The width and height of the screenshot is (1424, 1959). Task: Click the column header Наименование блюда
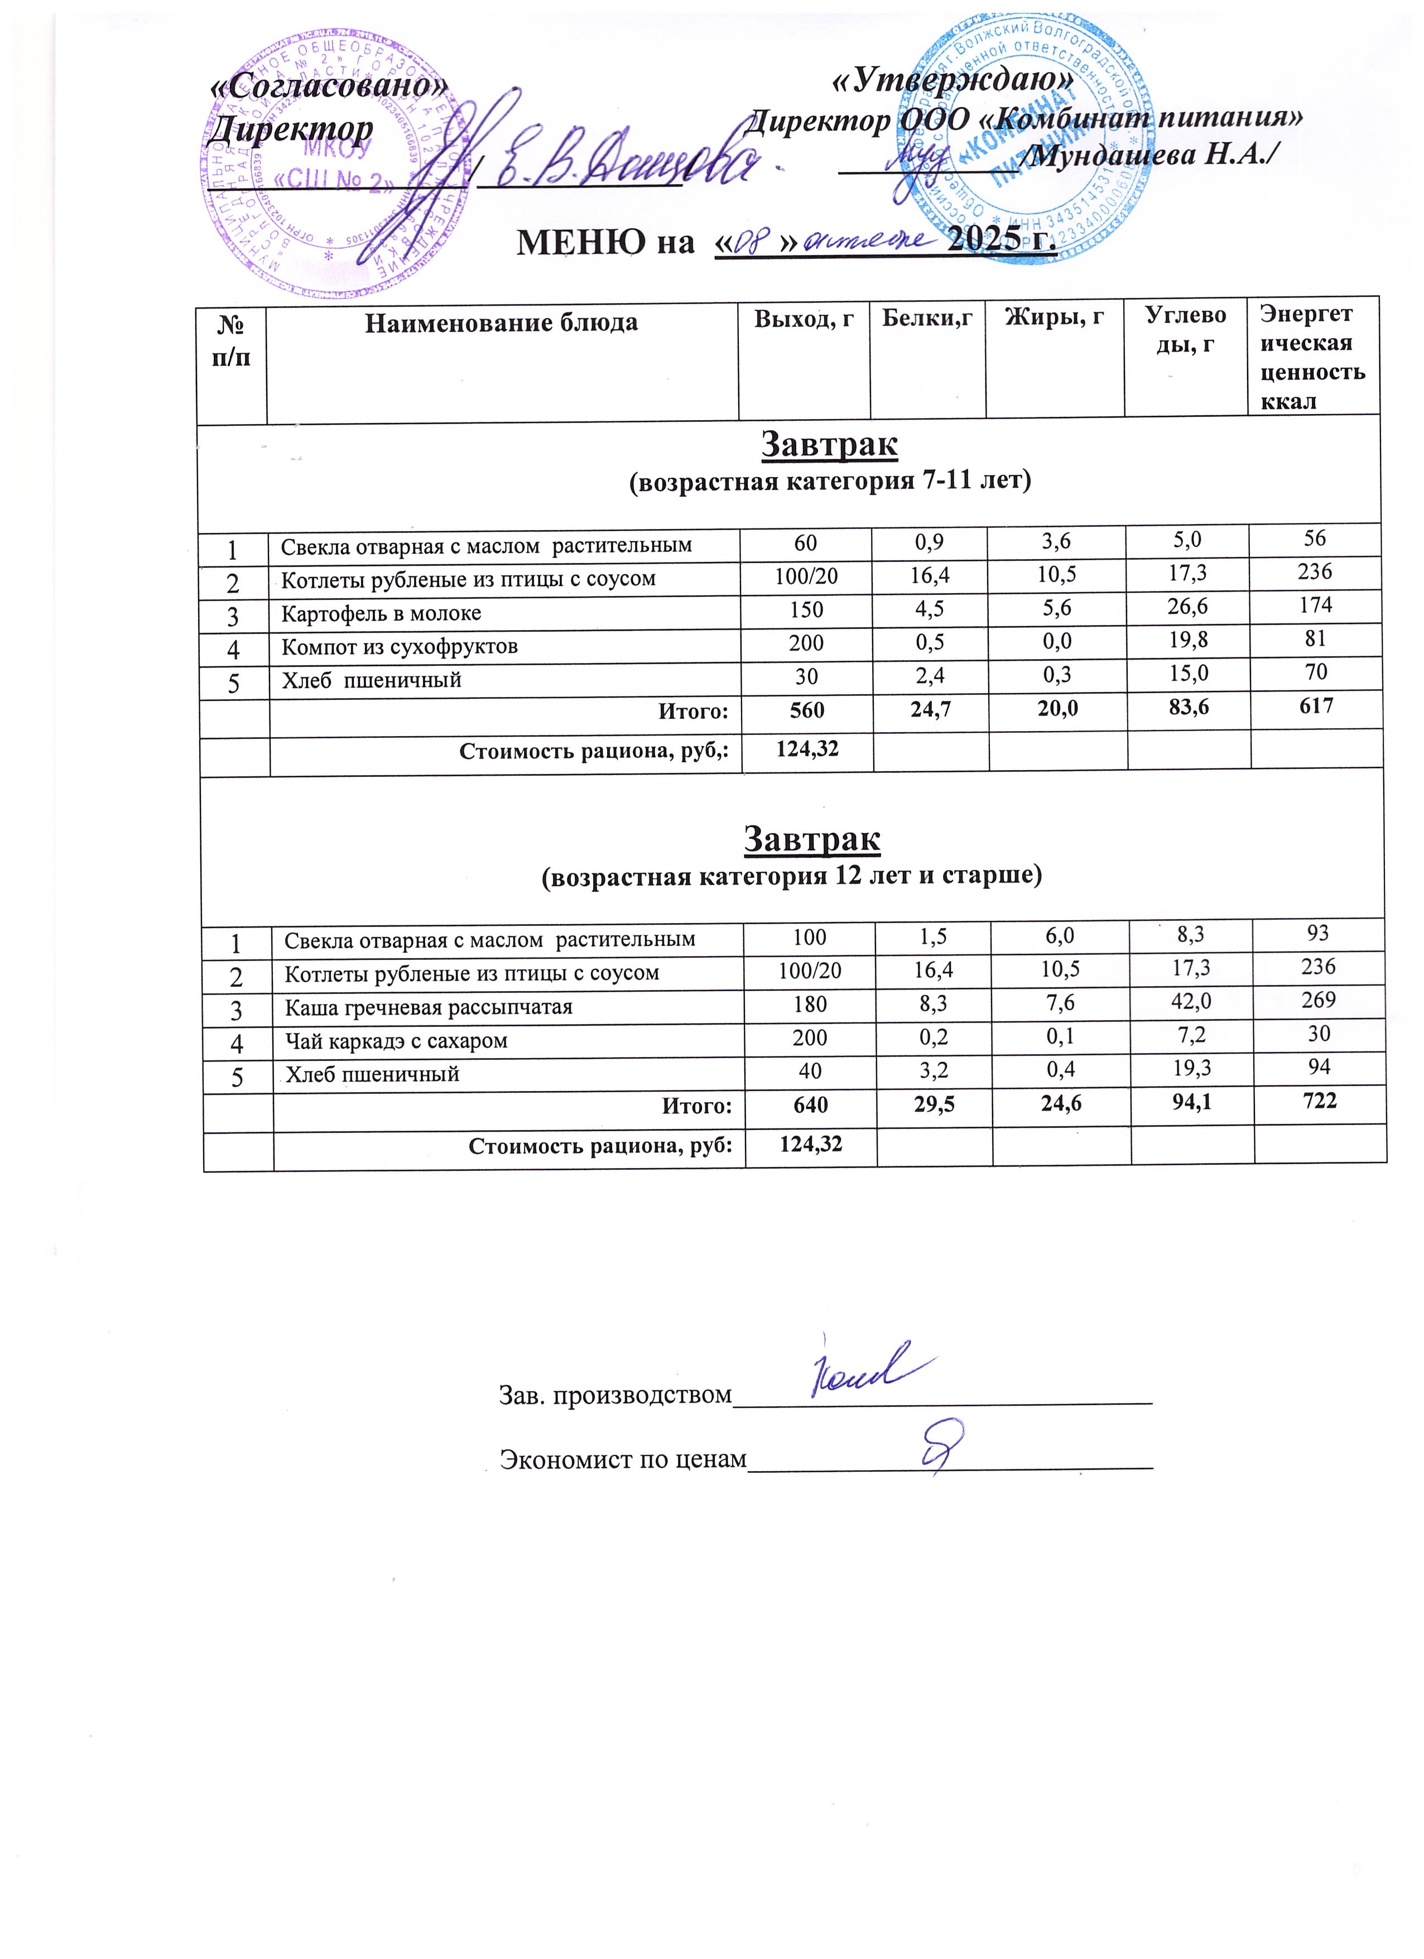tap(501, 324)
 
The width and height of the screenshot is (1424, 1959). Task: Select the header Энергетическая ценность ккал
tap(1312, 357)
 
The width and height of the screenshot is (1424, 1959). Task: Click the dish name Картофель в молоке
tap(381, 614)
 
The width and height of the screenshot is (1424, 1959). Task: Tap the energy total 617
tap(1315, 707)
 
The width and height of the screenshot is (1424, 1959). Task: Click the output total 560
tap(806, 710)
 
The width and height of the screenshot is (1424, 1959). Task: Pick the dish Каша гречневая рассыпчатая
tap(429, 1008)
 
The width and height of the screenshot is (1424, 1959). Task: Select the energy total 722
tap(1319, 1101)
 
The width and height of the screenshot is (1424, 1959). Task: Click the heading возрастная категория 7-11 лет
tap(829, 482)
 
